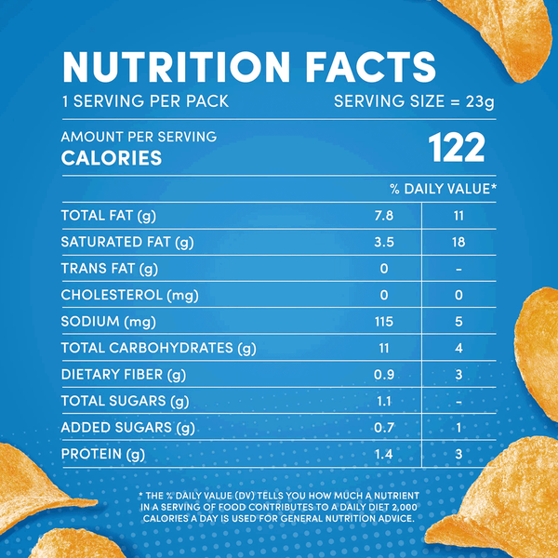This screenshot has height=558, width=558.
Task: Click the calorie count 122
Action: point(456,149)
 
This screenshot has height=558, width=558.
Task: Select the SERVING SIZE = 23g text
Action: point(414,101)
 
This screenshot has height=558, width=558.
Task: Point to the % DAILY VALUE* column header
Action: point(443,189)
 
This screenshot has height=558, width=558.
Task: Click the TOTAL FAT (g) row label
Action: point(108,216)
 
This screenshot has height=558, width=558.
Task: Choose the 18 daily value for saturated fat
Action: point(457,243)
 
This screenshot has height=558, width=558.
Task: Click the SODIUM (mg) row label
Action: point(103,322)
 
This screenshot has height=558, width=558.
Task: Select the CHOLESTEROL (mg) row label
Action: point(124,296)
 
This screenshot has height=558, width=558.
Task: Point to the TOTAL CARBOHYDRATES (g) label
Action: point(158,349)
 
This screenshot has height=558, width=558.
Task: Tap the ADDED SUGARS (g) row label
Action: point(127,428)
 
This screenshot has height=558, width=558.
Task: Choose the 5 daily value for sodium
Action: point(457,322)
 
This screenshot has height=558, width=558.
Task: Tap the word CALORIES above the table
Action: point(112,158)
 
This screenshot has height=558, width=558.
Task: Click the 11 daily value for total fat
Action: point(457,216)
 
